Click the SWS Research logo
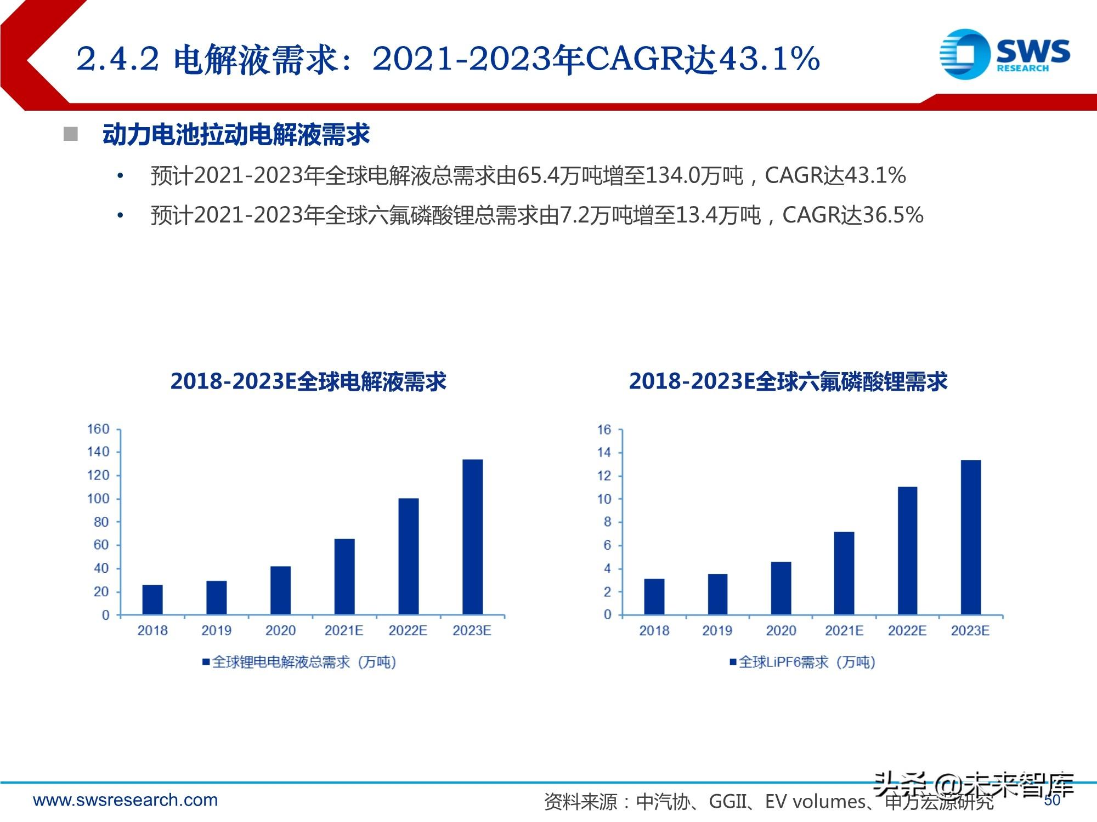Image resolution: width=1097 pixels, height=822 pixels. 1004,54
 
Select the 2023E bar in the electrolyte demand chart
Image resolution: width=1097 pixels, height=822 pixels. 472,536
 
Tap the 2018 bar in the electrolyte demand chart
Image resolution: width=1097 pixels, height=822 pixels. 152,600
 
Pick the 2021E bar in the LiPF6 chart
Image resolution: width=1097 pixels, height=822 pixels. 844,573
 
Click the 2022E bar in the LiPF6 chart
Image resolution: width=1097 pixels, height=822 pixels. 907,550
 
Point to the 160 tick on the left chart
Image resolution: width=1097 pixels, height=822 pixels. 98,429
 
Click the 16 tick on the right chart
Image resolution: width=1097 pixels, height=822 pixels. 604,430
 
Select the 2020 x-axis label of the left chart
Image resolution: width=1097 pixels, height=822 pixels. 280,631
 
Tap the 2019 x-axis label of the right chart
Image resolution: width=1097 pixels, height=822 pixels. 717,631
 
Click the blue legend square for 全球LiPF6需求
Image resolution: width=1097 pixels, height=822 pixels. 733,662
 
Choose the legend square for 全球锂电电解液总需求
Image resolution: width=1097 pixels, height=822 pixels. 206,662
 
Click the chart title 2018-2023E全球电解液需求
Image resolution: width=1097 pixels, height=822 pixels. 308,381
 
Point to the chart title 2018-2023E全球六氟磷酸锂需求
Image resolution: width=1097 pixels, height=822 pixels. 788,381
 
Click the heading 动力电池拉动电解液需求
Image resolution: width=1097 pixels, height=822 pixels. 236,135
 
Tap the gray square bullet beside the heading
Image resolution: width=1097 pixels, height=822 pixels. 71,134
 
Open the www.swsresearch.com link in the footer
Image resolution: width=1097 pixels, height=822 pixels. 126,800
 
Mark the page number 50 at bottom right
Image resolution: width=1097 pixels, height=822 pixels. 1052,801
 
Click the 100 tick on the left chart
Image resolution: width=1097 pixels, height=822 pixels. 98,499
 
